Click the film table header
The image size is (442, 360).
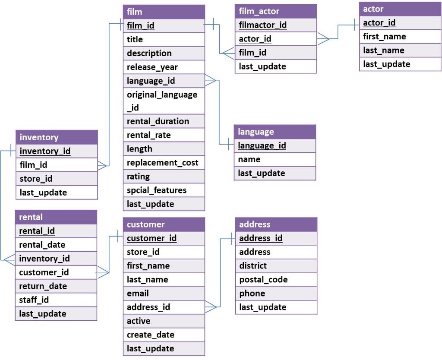[164, 12]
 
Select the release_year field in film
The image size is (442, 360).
[152, 67]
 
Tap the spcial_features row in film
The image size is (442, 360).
[157, 190]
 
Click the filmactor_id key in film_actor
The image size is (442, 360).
[263, 25]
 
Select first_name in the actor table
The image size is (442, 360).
[385, 37]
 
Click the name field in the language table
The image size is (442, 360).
[249, 159]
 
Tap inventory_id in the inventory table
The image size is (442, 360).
[45, 151]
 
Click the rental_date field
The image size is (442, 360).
[42, 245]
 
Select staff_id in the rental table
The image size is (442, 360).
[34, 300]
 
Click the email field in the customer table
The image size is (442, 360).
[138, 294]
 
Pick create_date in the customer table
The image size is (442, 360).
[151, 335]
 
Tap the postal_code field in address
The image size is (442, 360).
[263, 280]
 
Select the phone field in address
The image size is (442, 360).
[252, 294]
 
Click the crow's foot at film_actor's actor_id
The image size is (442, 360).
[322, 39]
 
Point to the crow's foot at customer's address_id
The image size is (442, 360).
[211, 307]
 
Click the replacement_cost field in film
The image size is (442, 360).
[163, 163]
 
